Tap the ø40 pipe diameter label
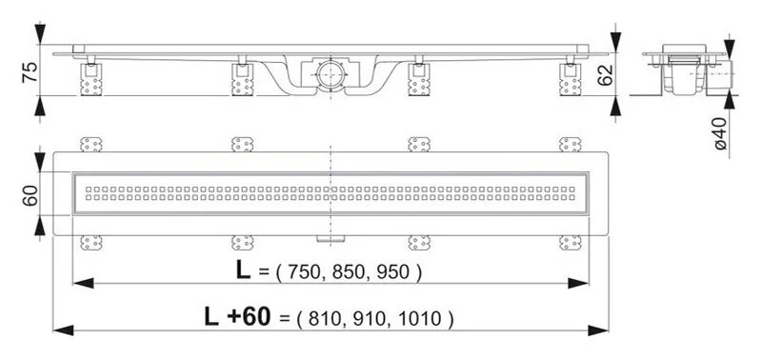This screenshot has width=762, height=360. click(x=721, y=134)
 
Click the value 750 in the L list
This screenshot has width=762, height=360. click(x=302, y=272)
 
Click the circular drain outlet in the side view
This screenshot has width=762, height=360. click(x=329, y=72)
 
